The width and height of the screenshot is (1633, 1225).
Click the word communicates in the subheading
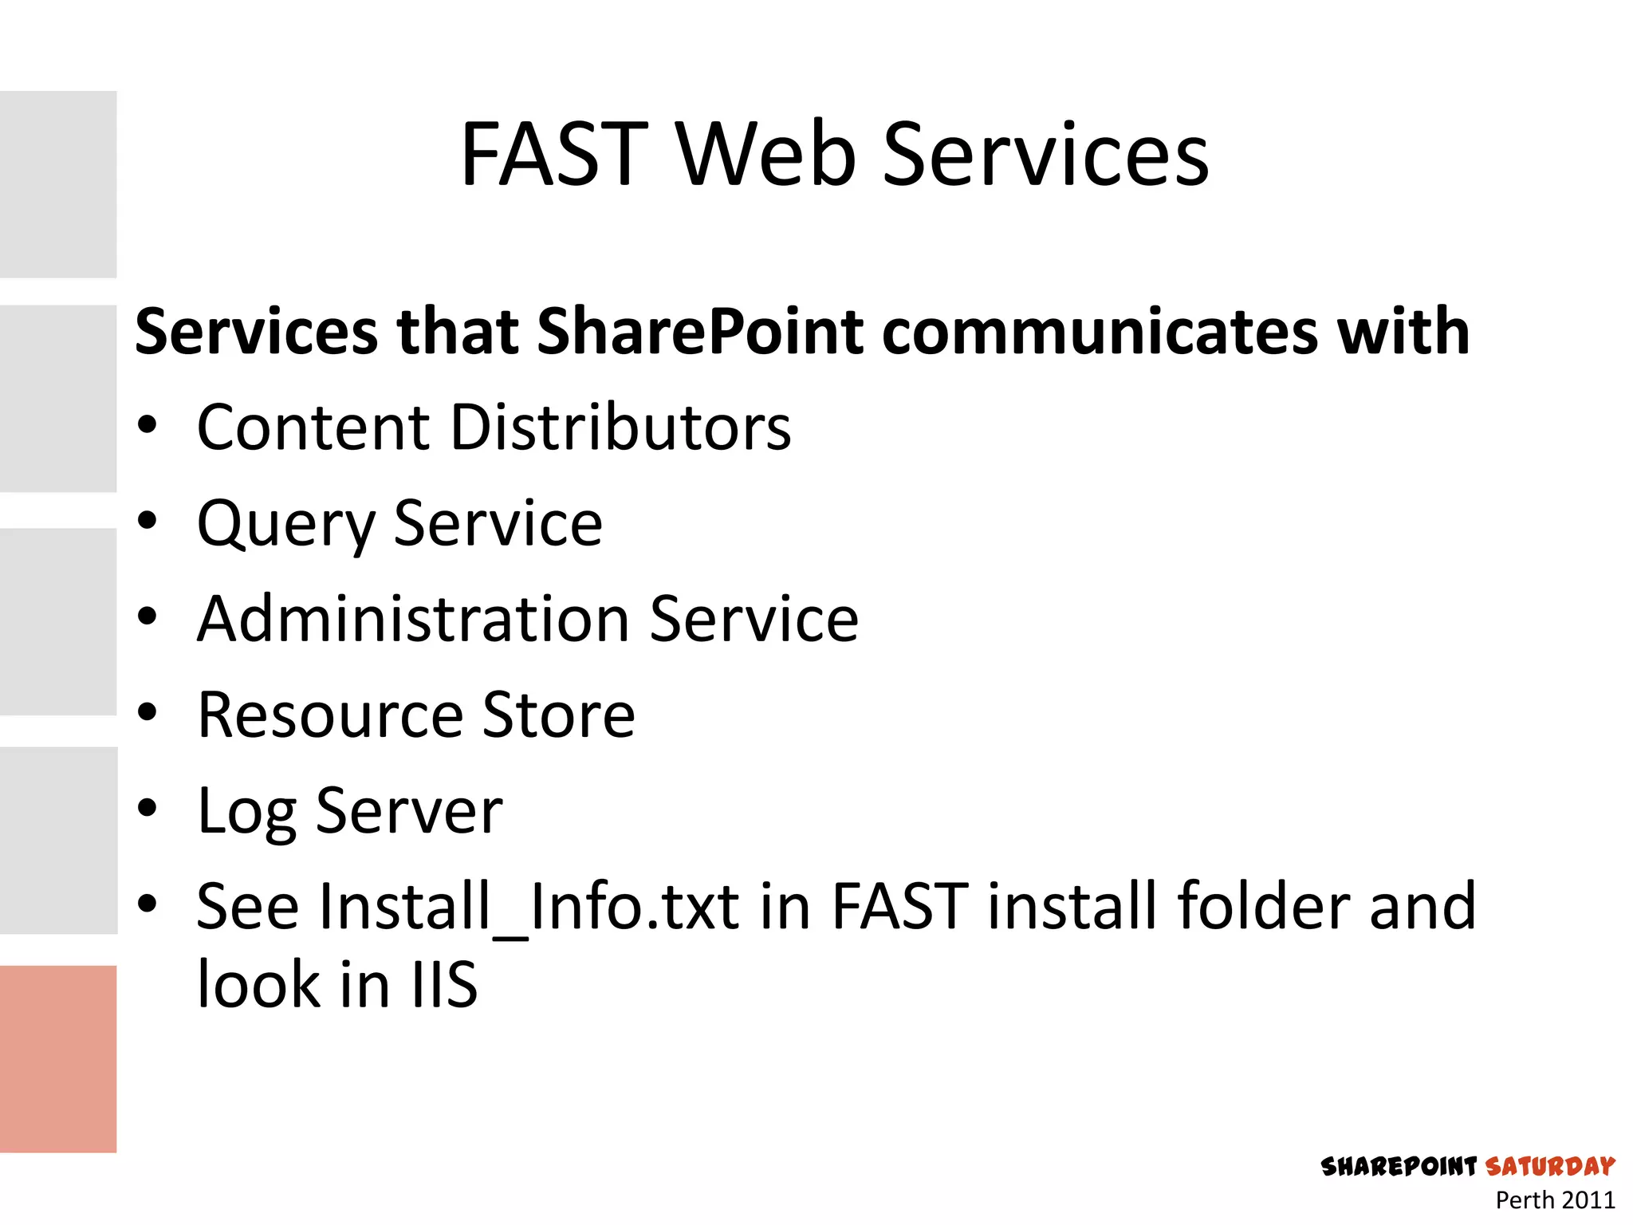pyautogui.click(x=1100, y=332)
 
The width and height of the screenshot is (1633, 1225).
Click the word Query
pyautogui.click(x=285, y=525)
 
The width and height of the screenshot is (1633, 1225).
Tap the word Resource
pyautogui.click(x=329, y=715)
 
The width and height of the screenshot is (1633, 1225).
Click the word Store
pyautogui.click(x=558, y=715)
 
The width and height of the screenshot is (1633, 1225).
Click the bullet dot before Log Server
pyautogui.click(x=148, y=808)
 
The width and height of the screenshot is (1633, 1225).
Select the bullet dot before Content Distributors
pyautogui.click(x=148, y=425)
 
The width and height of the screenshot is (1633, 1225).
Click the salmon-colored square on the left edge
pyautogui.click(x=58, y=1058)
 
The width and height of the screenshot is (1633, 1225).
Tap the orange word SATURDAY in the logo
pyautogui.click(x=1550, y=1167)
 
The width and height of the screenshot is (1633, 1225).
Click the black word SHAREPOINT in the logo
pyautogui.click(x=1399, y=1167)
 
